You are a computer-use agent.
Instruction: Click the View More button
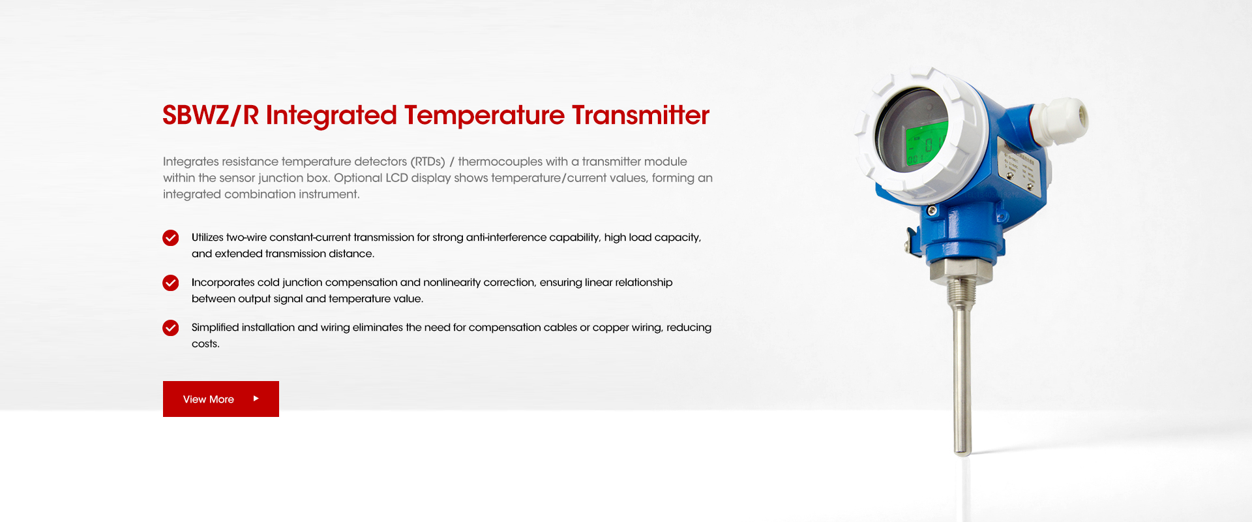[x=221, y=399]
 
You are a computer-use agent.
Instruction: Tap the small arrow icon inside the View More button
[x=256, y=398]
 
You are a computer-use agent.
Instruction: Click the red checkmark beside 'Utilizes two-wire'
[x=171, y=238]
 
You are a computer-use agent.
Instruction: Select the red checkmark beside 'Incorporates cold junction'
[x=171, y=283]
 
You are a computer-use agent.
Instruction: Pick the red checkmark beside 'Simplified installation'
[x=171, y=328]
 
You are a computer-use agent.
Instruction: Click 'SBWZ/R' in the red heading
[x=211, y=115]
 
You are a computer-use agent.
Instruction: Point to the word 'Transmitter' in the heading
[x=640, y=115]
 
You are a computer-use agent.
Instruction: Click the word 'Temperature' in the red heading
[x=484, y=115]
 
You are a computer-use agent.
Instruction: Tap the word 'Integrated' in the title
[x=331, y=115]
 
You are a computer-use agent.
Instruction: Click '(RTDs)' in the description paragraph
[x=428, y=161]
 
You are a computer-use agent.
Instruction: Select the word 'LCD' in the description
[x=396, y=177]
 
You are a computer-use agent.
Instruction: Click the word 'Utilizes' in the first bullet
[x=207, y=238]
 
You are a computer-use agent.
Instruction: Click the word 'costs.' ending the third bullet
[x=205, y=344]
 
